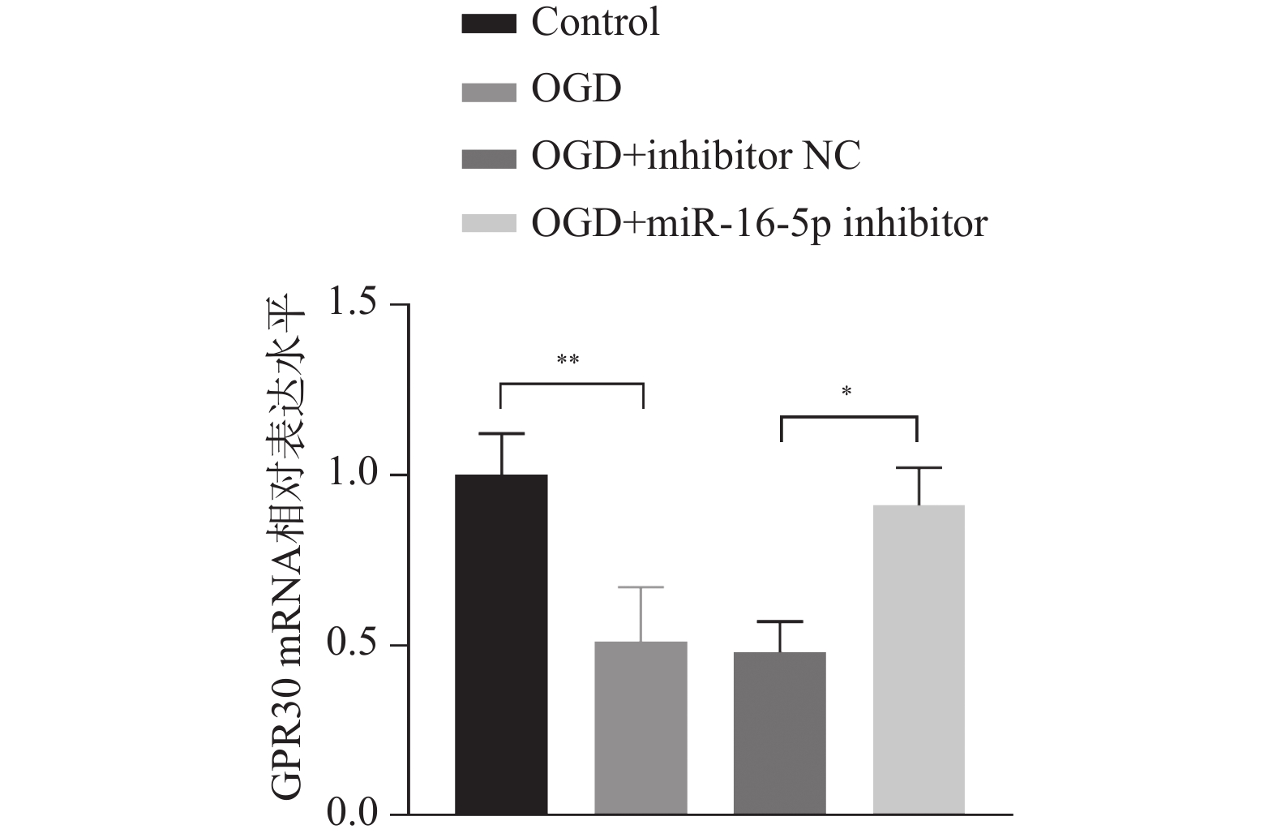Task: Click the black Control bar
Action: click(x=501, y=644)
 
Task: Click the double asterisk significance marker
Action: click(x=568, y=360)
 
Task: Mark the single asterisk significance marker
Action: click(x=846, y=393)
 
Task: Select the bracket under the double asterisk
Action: click(x=571, y=384)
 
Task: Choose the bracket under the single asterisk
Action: click(x=849, y=417)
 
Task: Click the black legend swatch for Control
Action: click(x=488, y=24)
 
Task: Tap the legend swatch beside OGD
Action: click(x=488, y=90)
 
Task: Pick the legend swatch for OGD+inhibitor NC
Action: click(x=488, y=157)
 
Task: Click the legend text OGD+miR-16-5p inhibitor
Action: click(x=759, y=222)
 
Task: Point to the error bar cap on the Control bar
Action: click(x=501, y=434)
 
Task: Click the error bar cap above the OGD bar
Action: click(x=641, y=587)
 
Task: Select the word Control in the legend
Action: click(x=595, y=23)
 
